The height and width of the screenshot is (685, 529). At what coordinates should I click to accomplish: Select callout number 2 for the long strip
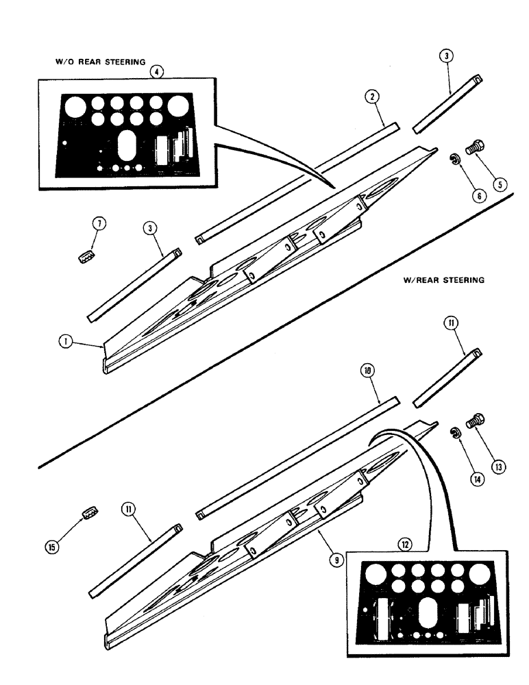click(x=371, y=98)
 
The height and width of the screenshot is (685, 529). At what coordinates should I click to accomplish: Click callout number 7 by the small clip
click(x=99, y=225)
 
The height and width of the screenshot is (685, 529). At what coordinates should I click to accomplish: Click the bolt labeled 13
click(x=474, y=421)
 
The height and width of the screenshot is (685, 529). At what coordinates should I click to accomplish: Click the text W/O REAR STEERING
click(x=100, y=62)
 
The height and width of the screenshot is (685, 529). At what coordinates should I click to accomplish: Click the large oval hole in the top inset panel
click(x=127, y=145)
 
